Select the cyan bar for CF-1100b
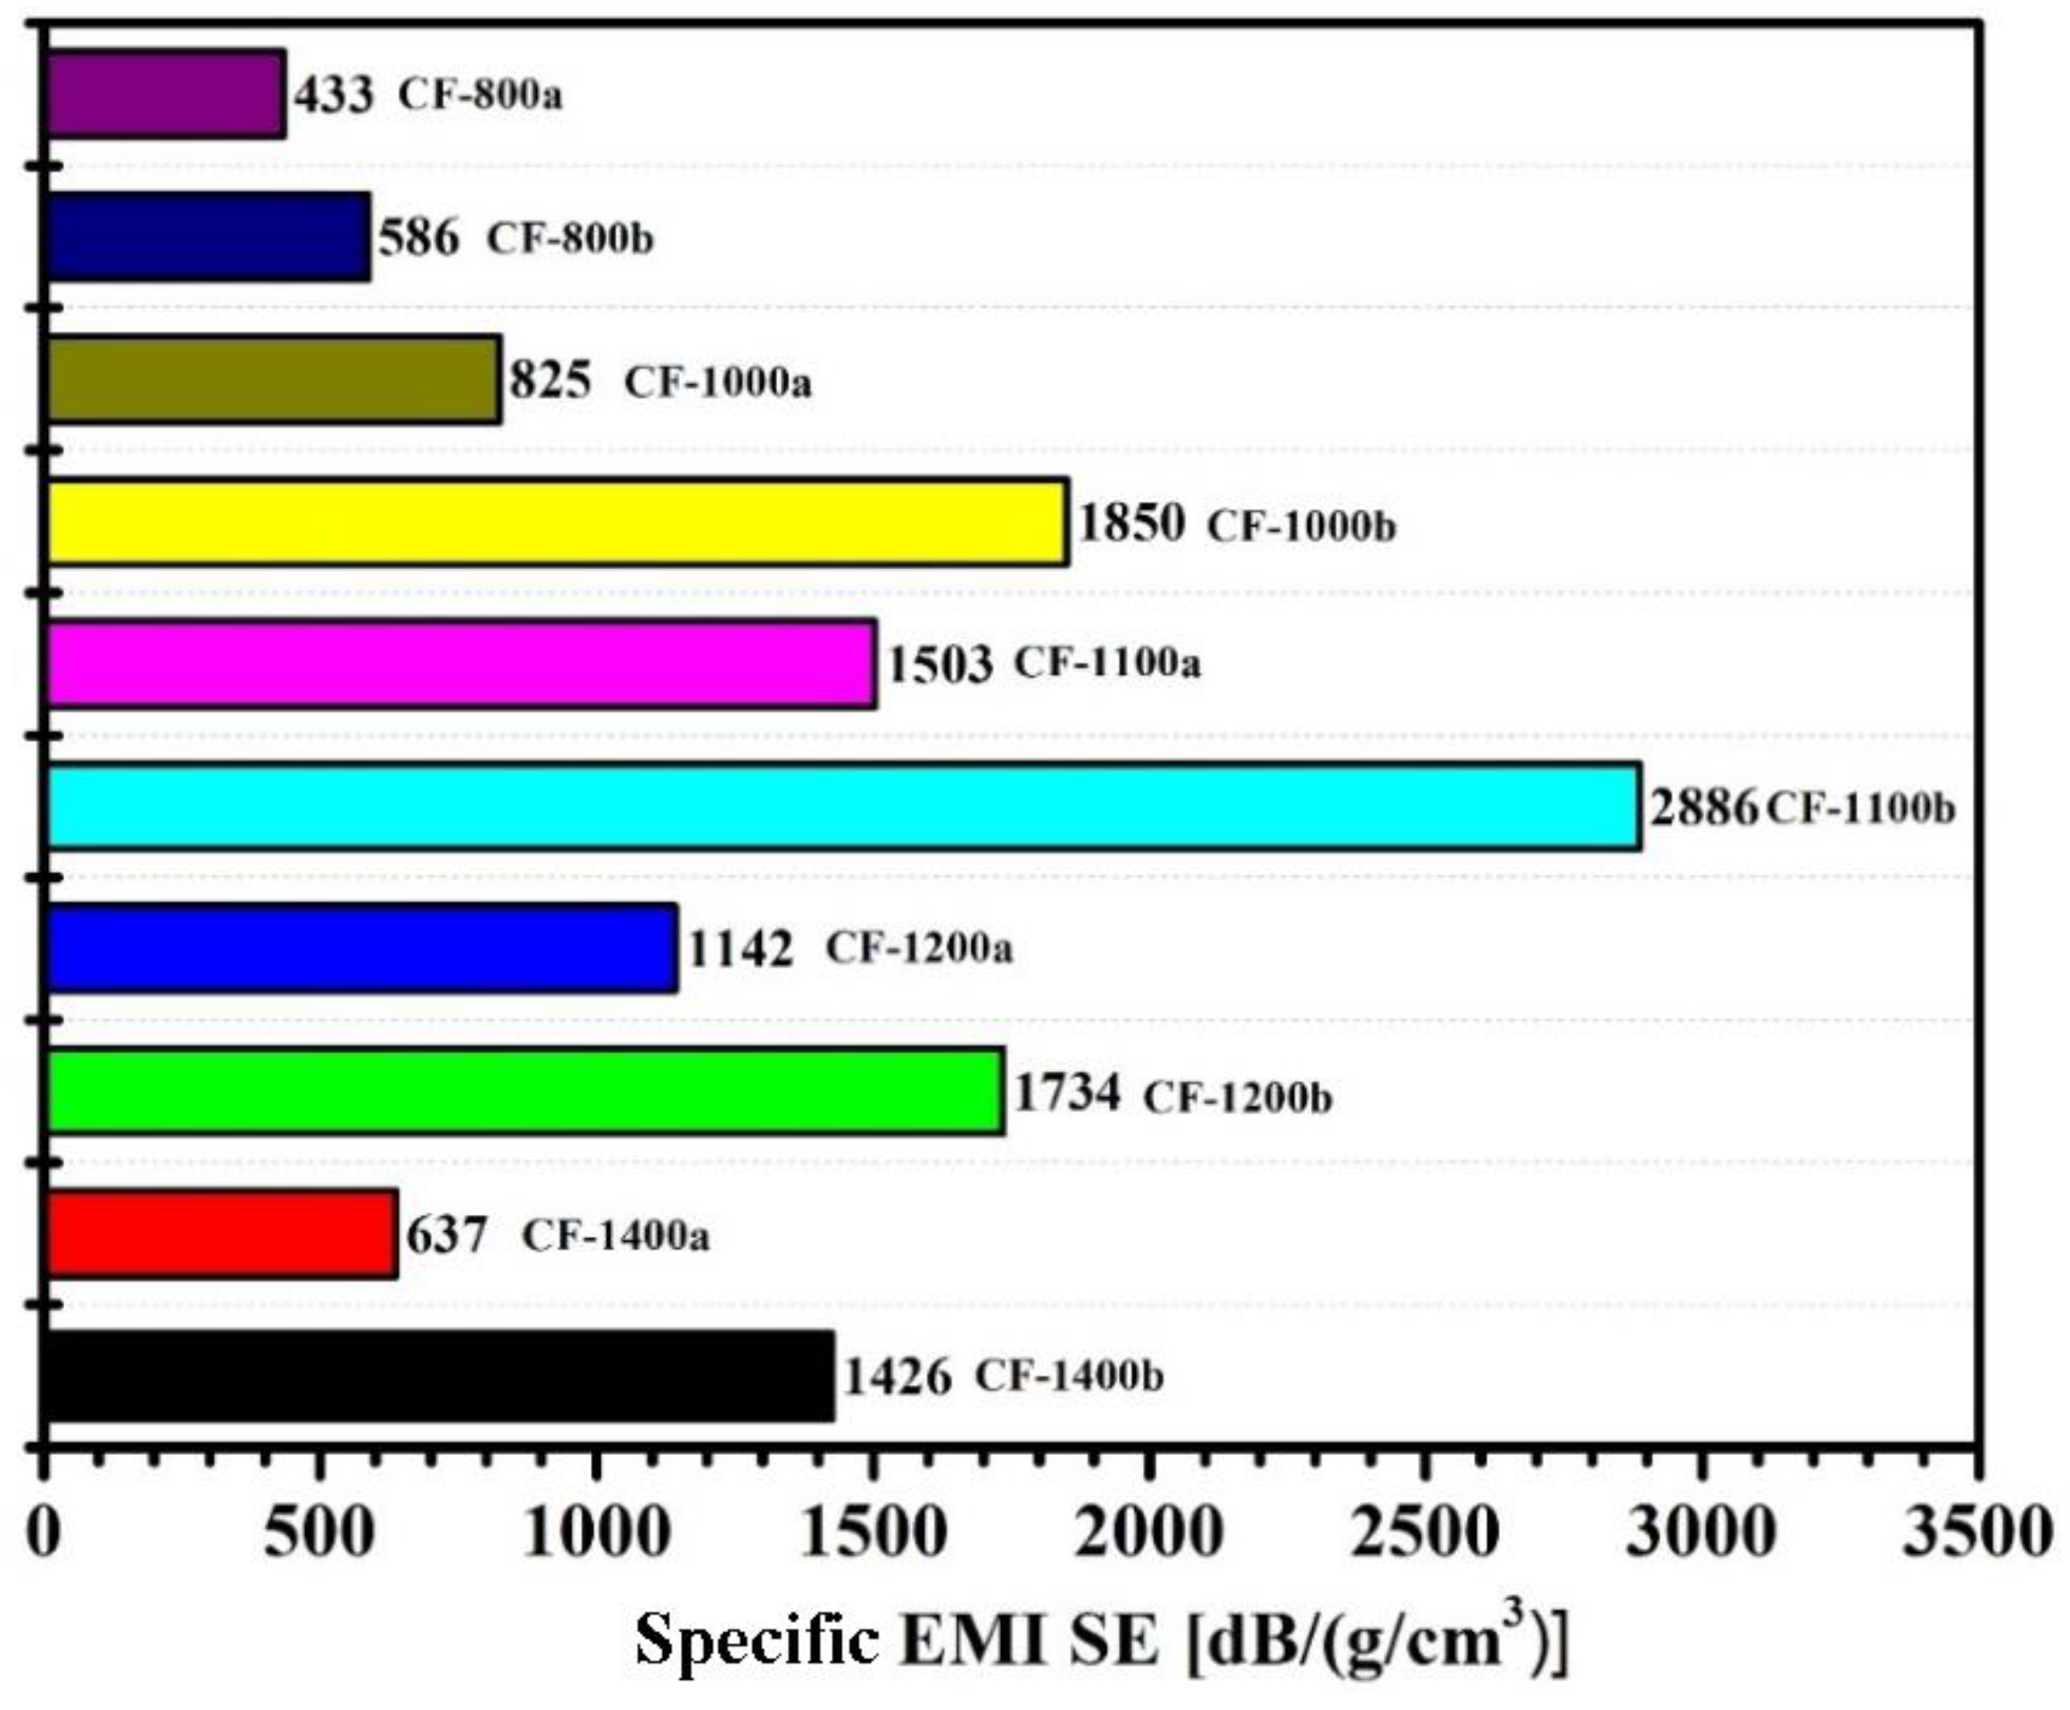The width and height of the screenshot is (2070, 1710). pos(843,805)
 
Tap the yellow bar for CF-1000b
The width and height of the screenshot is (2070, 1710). pos(558,521)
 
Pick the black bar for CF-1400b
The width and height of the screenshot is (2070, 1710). pos(439,1376)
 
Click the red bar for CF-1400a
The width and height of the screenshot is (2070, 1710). pos(221,1234)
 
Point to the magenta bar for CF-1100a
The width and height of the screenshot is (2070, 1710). pos(461,663)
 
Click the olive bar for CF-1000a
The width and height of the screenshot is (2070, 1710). pos(274,379)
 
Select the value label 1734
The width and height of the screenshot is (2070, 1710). pos(1067,1093)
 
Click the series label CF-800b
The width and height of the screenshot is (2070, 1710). pos(569,238)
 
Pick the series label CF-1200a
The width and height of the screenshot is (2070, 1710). pos(918,948)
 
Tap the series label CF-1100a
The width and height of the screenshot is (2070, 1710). pos(1107,663)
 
